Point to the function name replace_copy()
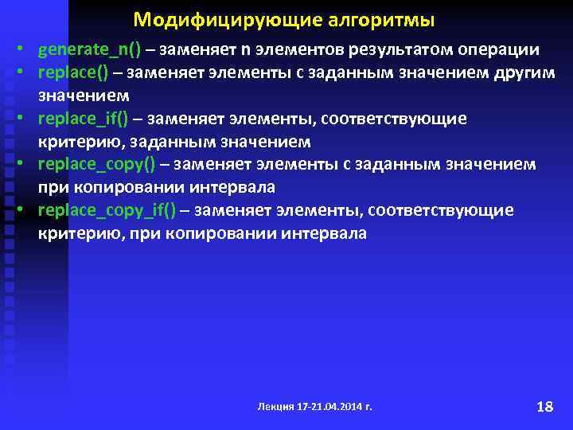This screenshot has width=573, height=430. [x=96, y=165]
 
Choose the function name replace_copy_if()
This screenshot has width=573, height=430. [x=108, y=210]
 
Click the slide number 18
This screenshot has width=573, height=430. [x=544, y=406]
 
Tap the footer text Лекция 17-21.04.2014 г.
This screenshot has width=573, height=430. [x=314, y=406]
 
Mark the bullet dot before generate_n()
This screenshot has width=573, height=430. [x=27, y=50]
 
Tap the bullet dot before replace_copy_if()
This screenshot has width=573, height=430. [x=27, y=211]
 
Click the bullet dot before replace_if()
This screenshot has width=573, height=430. [x=27, y=119]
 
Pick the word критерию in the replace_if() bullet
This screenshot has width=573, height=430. [x=73, y=142]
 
